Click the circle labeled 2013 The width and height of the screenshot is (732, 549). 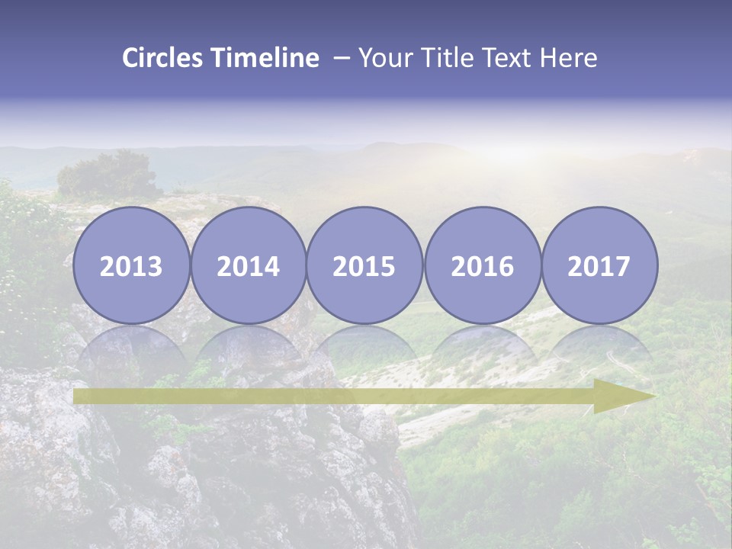point(131,265)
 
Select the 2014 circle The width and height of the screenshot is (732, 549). point(249,265)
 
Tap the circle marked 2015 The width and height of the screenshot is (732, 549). point(364,265)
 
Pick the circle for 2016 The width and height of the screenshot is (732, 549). point(482,265)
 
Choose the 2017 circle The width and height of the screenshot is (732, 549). point(599,265)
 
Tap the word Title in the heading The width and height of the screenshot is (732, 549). point(443,58)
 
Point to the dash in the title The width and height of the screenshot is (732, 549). point(342,58)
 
